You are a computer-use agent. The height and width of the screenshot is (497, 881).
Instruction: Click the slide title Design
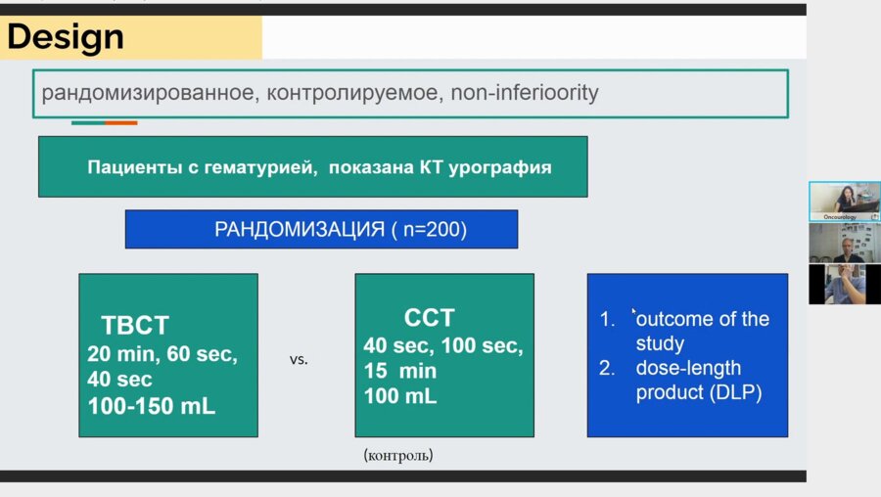(x=66, y=37)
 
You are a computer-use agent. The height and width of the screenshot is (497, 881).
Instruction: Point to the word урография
(x=502, y=167)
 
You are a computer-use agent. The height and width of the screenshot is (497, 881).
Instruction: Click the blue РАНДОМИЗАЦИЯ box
(x=321, y=230)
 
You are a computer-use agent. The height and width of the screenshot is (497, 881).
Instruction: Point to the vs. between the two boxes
(x=299, y=359)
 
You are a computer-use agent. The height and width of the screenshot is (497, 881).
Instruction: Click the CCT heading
(x=429, y=318)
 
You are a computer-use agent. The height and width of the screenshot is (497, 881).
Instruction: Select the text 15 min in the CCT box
(x=400, y=372)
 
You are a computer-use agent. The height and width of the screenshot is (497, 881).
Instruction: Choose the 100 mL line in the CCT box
(x=400, y=396)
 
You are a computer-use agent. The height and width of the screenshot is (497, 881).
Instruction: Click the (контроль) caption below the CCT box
(x=397, y=455)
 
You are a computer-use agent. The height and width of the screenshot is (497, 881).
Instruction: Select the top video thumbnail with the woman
(x=844, y=201)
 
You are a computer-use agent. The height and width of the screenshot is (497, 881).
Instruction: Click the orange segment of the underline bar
(x=120, y=122)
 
